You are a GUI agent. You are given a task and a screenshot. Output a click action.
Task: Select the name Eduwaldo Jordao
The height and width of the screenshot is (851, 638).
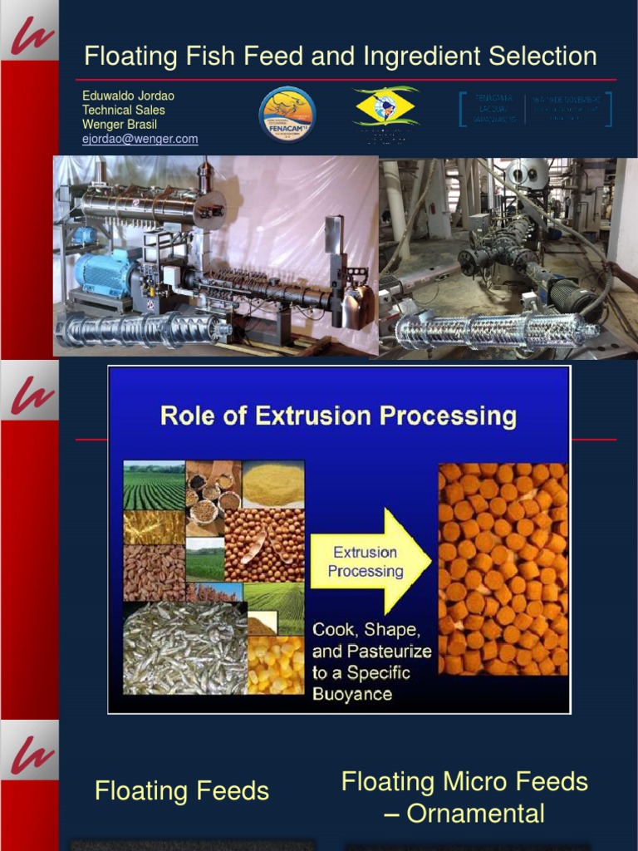click(128, 96)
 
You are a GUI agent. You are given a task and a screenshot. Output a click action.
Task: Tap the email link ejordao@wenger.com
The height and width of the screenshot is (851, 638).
click(140, 139)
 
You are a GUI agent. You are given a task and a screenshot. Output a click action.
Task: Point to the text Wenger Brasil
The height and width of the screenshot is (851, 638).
click(119, 125)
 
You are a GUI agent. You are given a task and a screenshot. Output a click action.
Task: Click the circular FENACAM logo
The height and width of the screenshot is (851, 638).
click(287, 115)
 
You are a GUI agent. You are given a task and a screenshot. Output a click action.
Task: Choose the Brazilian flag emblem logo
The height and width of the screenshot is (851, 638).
click(385, 108)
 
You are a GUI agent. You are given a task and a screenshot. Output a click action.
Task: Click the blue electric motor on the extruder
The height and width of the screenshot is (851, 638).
click(103, 273)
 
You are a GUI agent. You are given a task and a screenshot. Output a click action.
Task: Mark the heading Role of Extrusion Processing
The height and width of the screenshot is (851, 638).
click(338, 415)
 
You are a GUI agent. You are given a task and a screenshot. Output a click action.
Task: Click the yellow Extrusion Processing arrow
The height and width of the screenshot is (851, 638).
click(370, 562)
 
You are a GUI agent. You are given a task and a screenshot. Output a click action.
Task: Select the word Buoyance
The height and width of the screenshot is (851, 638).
click(352, 693)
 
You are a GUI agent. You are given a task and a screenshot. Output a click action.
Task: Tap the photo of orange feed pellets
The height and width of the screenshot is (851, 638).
click(503, 568)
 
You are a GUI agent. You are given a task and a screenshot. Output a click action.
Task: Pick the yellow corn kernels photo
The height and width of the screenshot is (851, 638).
click(276, 665)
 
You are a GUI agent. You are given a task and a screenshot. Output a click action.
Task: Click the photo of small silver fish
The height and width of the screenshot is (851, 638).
click(184, 648)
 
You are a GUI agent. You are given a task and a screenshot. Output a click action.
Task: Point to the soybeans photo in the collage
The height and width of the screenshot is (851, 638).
click(264, 544)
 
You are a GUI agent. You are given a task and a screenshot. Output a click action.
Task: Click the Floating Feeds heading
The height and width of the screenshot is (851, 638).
click(182, 790)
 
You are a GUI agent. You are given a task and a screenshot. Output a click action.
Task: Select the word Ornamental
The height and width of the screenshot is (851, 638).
click(475, 814)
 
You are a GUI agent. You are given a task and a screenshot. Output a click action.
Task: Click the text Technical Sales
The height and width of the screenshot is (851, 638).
click(123, 110)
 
